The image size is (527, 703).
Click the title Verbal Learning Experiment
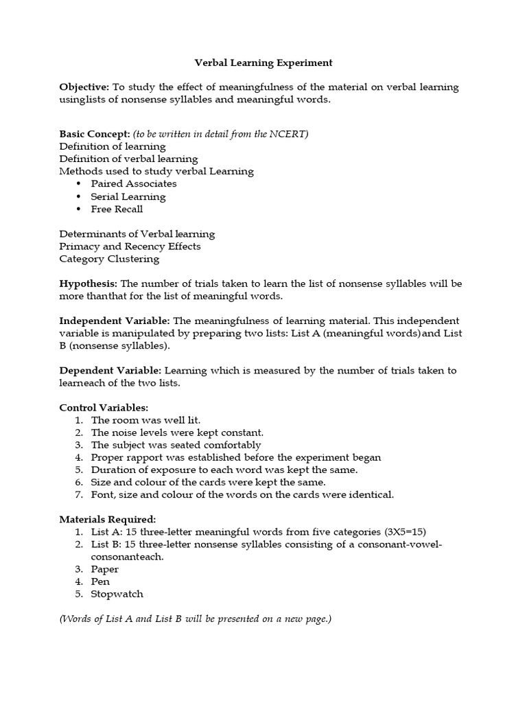(x=263, y=62)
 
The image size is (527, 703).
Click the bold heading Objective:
(x=84, y=87)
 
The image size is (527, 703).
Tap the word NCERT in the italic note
(x=291, y=134)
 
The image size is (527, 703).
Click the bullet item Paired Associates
(x=133, y=184)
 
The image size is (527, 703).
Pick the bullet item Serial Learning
(x=128, y=196)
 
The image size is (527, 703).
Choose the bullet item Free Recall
(x=117, y=209)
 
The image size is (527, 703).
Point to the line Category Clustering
(x=109, y=259)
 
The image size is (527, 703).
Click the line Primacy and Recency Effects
(x=130, y=246)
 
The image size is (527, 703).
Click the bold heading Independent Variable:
(x=115, y=321)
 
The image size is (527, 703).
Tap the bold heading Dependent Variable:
(x=110, y=371)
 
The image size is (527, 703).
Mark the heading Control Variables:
(x=104, y=408)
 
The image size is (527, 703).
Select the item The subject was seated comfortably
(x=176, y=445)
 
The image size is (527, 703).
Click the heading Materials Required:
(x=108, y=519)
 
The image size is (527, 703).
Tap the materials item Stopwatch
(x=117, y=594)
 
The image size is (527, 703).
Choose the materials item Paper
(x=104, y=569)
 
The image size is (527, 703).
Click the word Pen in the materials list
(x=100, y=581)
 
